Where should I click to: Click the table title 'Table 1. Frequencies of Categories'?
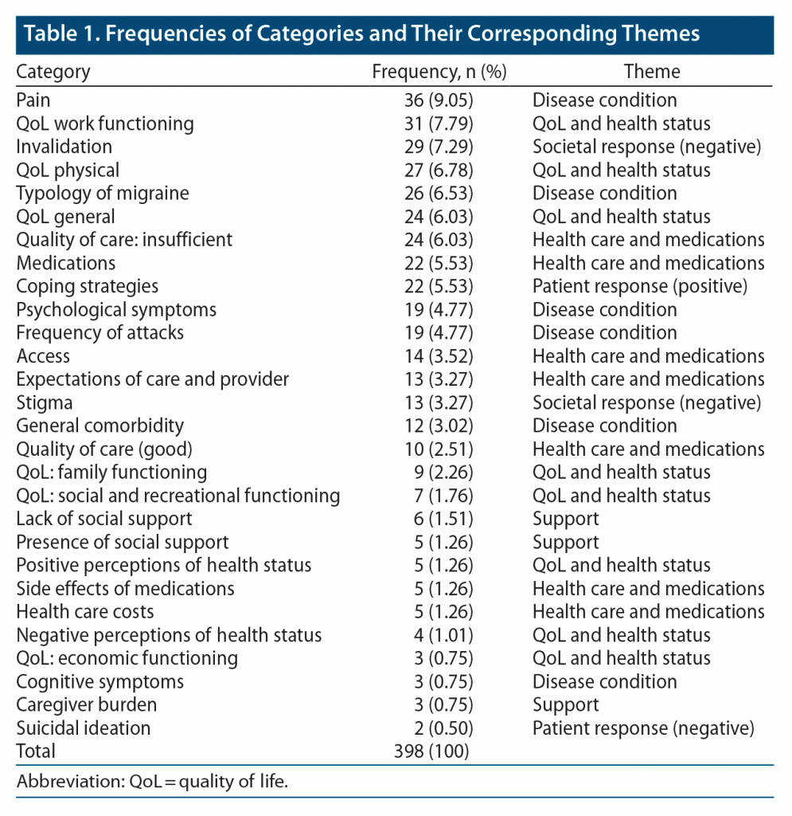(358, 34)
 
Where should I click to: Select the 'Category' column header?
(53, 72)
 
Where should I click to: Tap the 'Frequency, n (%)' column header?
(439, 72)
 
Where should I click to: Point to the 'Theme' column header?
(652, 72)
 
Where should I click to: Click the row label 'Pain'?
(33, 100)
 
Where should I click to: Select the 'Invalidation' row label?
(64, 147)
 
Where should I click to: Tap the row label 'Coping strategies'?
(87, 286)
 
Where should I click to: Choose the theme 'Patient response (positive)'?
(642, 286)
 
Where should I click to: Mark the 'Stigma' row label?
(44, 402)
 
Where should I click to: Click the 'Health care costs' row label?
(85, 612)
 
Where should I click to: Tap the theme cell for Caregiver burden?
(565, 705)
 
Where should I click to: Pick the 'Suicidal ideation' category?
(83, 728)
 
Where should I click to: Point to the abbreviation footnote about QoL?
(152, 781)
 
